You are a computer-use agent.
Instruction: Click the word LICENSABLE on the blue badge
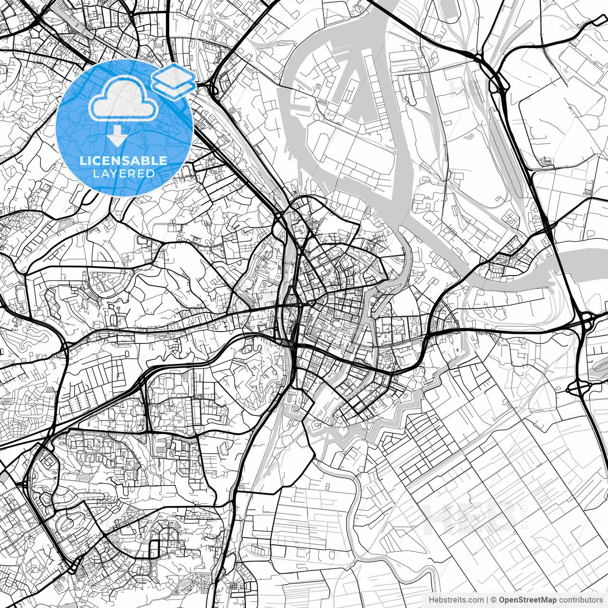tap(123, 161)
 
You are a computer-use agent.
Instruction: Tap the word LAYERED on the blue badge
tap(123, 174)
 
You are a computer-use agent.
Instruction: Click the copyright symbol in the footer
tap(494, 599)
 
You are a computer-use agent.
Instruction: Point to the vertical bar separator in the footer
tap(487, 599)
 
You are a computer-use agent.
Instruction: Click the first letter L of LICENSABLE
tap(83, 161)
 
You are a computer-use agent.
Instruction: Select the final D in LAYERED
tap(151, 174)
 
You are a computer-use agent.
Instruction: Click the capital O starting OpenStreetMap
tap(503, 599)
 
